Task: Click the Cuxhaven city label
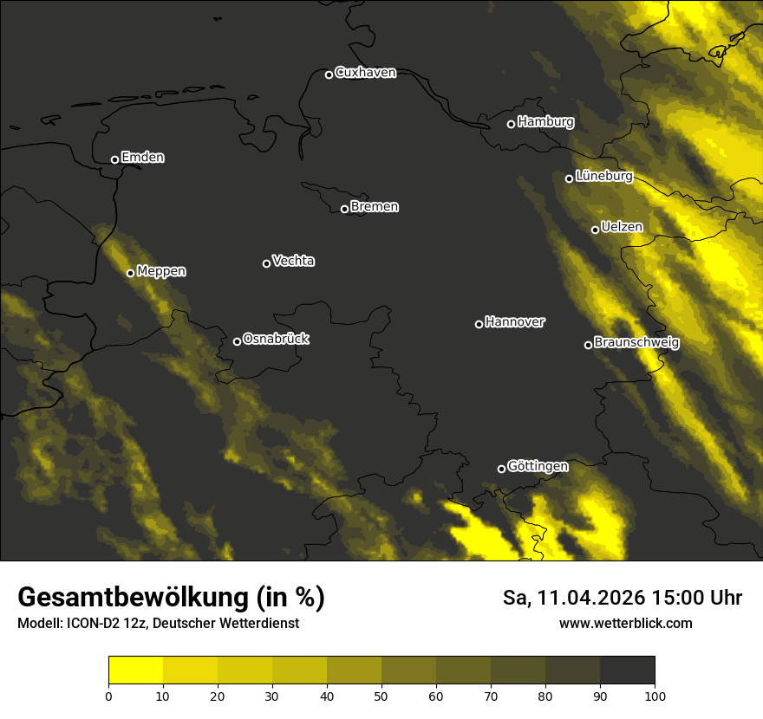pos(365,73)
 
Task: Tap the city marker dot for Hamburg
pos(511,124)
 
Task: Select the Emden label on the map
pos(142,158)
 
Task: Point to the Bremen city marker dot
pos(344,209)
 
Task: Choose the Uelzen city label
pos(622,228)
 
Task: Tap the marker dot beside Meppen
pos(130,273)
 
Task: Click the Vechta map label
pos(293,261)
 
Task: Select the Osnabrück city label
pos(276,340)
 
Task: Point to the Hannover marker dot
pos(479,324)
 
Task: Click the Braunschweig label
pos(636,343)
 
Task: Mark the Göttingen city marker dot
pos(501,469)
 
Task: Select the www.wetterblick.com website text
pos(625,623)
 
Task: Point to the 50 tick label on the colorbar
pos(381,695)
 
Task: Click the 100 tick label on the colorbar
pos(655,695)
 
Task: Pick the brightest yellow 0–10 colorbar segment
pos(135,670)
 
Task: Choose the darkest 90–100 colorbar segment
pos(627,670)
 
